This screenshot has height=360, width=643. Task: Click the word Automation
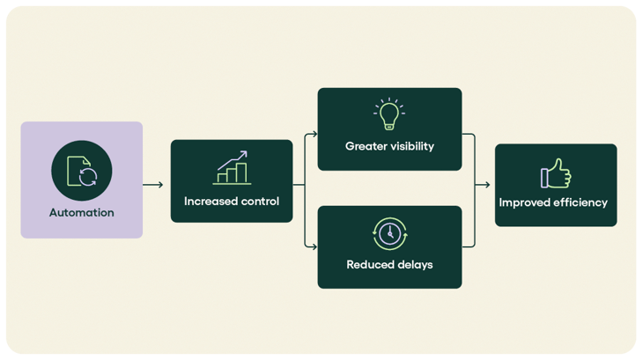coord(81,212)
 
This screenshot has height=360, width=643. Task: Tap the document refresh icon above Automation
coord(82,171)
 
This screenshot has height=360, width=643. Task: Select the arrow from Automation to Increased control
coord(153,185)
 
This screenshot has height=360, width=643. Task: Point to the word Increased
coord(211,202)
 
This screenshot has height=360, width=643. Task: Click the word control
coord(260,202)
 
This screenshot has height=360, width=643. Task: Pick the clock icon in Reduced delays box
coord(388,233)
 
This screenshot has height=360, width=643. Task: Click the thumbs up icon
coord(555,173)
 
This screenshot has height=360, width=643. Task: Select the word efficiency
coord(581,202)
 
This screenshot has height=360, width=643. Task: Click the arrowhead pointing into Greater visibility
coord(313,135)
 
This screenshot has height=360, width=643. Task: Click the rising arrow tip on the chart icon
coord(245,154)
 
